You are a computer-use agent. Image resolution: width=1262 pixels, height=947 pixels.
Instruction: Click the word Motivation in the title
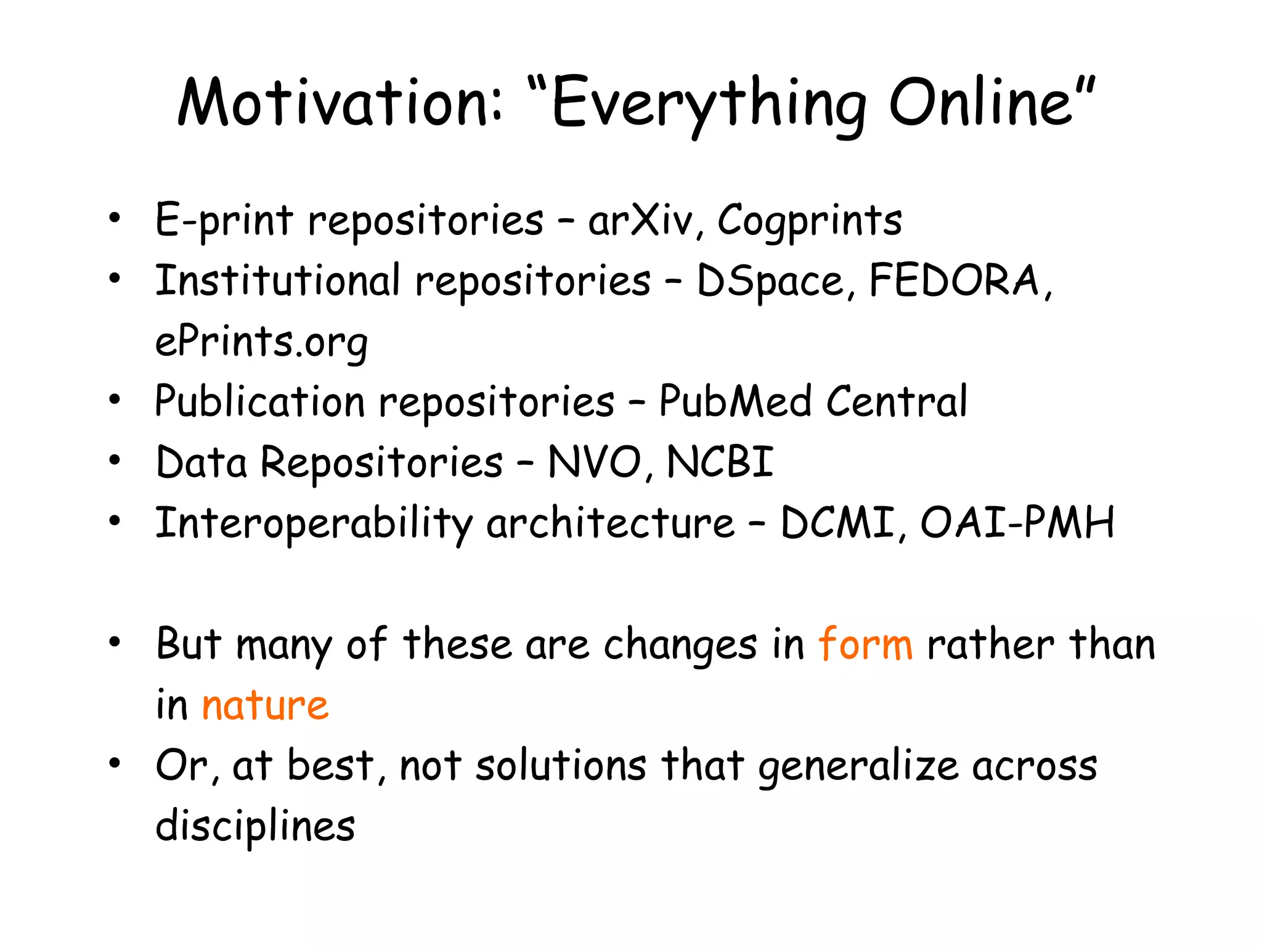pos(340,103)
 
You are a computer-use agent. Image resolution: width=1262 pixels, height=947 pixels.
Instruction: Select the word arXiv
pos(645,220)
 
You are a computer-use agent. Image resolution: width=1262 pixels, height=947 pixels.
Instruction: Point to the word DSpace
pos(770,281)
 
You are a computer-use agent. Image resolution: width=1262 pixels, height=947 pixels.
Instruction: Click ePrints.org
pos(261,342)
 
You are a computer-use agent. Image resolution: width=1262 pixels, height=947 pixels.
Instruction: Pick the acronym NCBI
pos(720,462)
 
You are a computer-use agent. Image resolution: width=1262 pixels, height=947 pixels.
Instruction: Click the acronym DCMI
pos(837,523)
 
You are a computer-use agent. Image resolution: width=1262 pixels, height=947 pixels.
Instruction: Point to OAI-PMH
pos(1017,523)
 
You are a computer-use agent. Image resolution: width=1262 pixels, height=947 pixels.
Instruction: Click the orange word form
pos(865,644)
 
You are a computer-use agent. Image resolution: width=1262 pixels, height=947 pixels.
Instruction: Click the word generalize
pos(858,766)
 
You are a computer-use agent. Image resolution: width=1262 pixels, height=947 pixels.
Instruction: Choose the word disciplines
pos(255,826)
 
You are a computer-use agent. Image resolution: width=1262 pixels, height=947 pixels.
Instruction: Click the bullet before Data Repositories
pos(115,461)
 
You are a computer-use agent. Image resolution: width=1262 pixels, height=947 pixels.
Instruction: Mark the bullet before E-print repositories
pos(115,218)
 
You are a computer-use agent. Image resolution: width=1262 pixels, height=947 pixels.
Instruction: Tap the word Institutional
pos(277,281)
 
